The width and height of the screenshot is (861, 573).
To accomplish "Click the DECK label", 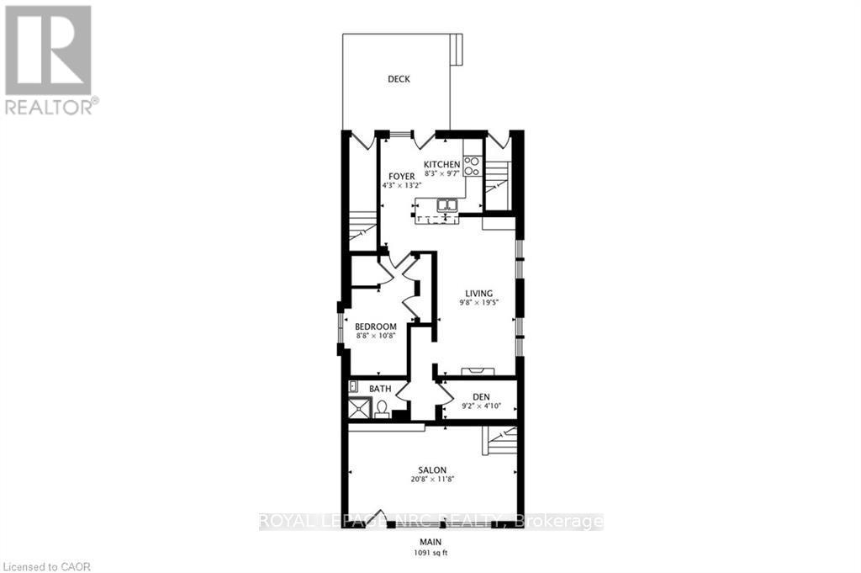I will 399,79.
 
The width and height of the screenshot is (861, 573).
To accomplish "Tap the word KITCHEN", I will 441,164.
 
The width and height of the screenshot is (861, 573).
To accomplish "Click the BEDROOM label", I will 375,326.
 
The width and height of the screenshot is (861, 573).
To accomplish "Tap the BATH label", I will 380,389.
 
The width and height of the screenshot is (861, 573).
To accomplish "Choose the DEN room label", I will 481,395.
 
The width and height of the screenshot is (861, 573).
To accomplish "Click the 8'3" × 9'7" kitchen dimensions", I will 441,173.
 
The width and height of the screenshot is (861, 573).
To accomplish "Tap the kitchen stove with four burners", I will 472,166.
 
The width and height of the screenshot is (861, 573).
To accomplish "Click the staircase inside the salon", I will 499,440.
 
